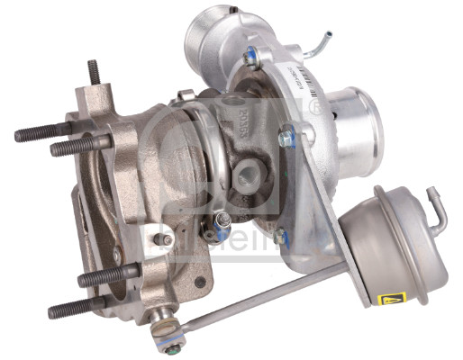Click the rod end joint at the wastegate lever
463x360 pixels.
click(x=165, y=317)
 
